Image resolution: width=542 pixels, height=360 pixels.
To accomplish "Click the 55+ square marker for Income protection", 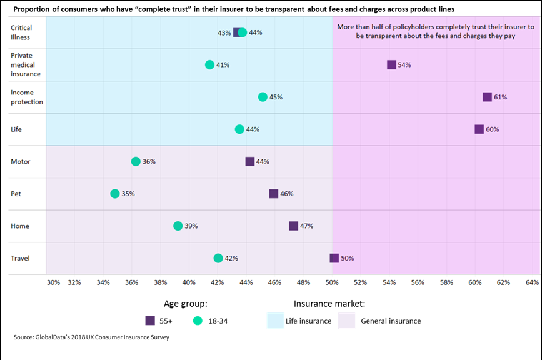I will [x=487, y=97].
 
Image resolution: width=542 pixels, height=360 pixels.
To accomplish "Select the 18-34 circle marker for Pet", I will [x=115, y=194].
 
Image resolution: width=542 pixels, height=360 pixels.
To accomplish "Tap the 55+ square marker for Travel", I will [x=334, y=258].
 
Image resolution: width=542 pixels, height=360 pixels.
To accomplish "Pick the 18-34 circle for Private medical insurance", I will [x=210, y=64].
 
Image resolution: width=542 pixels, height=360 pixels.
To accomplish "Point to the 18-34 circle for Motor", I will [x=136, y=161].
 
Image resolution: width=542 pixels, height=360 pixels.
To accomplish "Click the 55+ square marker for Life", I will [x=479, y=129].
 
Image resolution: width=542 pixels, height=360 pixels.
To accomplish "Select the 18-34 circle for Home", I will [x=178, y=226].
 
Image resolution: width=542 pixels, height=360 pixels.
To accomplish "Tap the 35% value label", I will [x=128, y=194].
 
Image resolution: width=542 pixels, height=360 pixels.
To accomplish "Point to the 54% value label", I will [x=404, y=65].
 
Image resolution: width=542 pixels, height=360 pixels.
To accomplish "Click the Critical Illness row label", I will [x=21, y=32].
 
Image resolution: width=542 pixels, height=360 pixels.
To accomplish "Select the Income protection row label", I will [x=27, y=97].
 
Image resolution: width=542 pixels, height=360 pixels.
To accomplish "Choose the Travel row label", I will [x=20, y=258].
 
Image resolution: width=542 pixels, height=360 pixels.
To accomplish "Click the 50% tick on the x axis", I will [x=332, y=282].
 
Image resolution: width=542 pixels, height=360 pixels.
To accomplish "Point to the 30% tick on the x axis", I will [x=54, y=282].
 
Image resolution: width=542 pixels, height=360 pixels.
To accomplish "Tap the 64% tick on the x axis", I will [x=532, y=282].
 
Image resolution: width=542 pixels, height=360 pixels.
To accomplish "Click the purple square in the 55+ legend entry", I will [x=150, y=321].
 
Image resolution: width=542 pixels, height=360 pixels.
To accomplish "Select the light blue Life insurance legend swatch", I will [x=275, y=321].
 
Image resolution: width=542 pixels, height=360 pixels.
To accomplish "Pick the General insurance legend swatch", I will [x=346, y=321].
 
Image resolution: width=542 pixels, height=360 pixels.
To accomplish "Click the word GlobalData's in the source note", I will [x=57, y=337].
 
